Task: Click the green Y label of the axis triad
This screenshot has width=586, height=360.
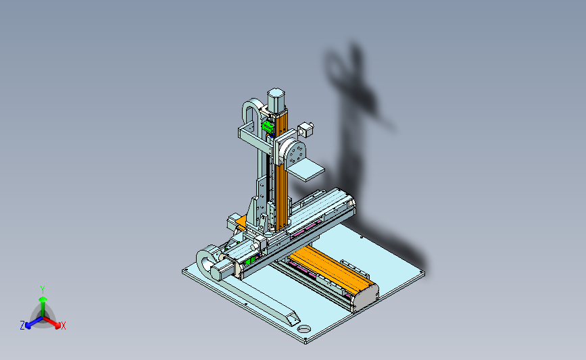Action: click(43, 290)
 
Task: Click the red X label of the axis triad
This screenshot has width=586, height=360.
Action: click(63, 326)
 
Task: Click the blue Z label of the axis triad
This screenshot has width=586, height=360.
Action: click(22, 326)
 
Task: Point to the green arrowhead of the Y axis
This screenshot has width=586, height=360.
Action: click(43, 299)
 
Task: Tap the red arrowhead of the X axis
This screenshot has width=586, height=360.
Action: click(57, 325)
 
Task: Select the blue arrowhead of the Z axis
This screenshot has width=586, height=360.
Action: click(28, 326)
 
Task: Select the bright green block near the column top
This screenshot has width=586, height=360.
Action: click(268, 126)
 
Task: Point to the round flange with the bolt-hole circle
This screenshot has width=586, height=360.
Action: click(295, 153)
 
